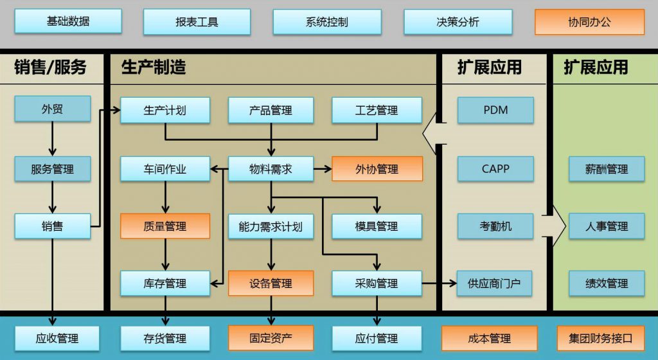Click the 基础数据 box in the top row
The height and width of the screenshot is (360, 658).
click(x=68, y=21)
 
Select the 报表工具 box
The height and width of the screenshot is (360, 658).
click(x=197, y=22)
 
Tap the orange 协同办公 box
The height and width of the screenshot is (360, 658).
click(x=589, y=22)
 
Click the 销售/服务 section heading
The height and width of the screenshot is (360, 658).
click(x=50, y=67)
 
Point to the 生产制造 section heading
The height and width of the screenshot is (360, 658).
click(x=154, y=67)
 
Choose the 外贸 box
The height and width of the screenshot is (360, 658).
click(x=53, y=109)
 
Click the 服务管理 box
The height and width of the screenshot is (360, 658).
click(x=53, y=170)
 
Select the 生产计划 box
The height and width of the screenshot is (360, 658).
click(x=165, y=110)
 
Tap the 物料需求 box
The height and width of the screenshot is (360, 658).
click(x=271, y=169)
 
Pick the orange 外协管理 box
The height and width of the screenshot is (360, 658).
click(x=377, y=169)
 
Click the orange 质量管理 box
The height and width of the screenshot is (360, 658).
click(x=165, y=226)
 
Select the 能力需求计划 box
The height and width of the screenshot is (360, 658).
click(x=271, y=226)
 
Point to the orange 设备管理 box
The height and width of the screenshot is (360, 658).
click(x=271, y=283)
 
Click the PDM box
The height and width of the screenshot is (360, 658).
click(x=495, y=110)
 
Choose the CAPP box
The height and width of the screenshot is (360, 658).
click(x=495, y=169)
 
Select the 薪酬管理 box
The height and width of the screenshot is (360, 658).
click(x=607, y=169)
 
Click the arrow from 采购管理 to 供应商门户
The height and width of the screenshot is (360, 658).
click(x=440, y=283)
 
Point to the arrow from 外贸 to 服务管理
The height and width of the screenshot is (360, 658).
click(x=53, y=139)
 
